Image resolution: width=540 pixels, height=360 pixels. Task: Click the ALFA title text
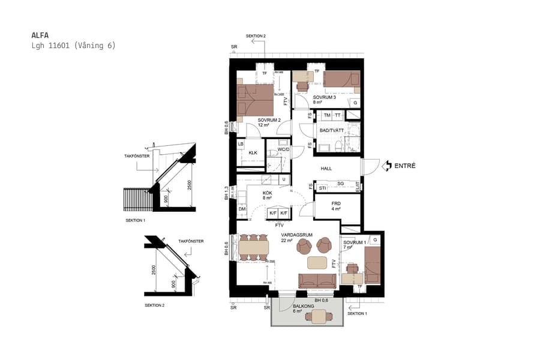(40, 35)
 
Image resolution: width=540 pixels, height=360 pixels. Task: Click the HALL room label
(326, 169)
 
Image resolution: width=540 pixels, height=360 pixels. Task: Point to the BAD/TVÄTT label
(332, 130)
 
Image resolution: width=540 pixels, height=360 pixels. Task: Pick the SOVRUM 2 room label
(269, 120)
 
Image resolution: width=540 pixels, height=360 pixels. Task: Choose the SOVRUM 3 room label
(324, 97)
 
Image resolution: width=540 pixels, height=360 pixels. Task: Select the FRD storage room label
(336, 203)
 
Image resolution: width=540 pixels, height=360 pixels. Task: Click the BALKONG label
(303, 306)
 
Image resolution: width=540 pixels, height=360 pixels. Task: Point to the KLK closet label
(253, 153)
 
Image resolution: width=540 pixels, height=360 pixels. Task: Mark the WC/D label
(283, 149)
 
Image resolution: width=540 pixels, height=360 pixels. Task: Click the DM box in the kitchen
(242, 209)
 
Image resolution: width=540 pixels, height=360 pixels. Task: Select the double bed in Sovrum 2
(255, 100)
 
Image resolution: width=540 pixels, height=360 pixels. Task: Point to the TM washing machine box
(327, 115)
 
